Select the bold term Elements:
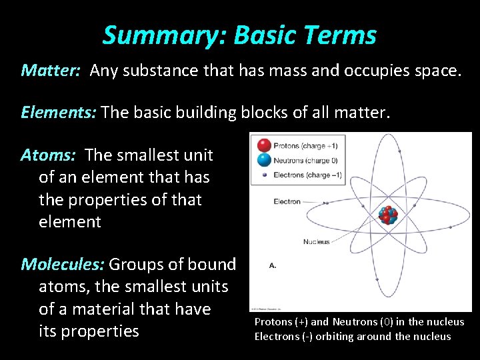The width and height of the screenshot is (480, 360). (x=59, y=113)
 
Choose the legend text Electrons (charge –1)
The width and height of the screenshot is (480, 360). (x=308, y=175)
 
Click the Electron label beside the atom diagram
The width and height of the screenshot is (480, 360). (x=287, y=201)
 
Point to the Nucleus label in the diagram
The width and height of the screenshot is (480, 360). (x=316, y=241)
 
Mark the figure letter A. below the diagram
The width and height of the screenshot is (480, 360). (x=273, y=265)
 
